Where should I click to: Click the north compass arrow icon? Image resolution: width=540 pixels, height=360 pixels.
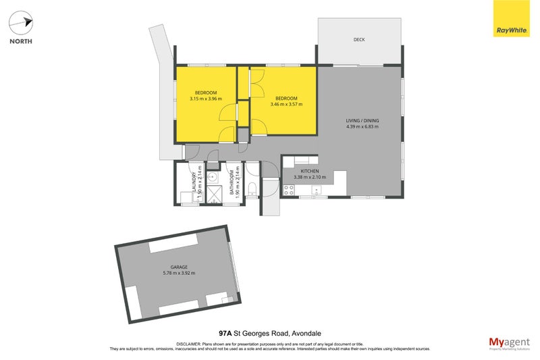coord(20,23)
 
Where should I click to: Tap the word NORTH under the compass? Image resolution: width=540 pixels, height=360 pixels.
coord(20,41)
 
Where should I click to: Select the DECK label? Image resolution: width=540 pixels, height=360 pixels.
coord(359,40)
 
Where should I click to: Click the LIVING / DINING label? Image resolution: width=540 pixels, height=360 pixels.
coord(362,121)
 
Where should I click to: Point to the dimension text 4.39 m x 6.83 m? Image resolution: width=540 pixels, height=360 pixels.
coord(362,127)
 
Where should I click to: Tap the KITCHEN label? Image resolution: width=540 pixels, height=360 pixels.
coord(309,172)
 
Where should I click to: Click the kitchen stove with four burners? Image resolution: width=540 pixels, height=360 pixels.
coord(288,190)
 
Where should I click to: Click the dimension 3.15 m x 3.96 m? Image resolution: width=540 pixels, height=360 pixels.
coord(206,98)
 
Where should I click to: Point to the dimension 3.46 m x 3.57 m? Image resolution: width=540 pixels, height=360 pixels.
coord(286,104)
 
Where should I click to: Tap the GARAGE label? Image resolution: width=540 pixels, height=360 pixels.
coord(179,267)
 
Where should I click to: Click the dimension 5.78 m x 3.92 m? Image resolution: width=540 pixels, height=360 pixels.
coord(179,273)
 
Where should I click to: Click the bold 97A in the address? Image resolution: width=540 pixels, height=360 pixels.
coord(226,333)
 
